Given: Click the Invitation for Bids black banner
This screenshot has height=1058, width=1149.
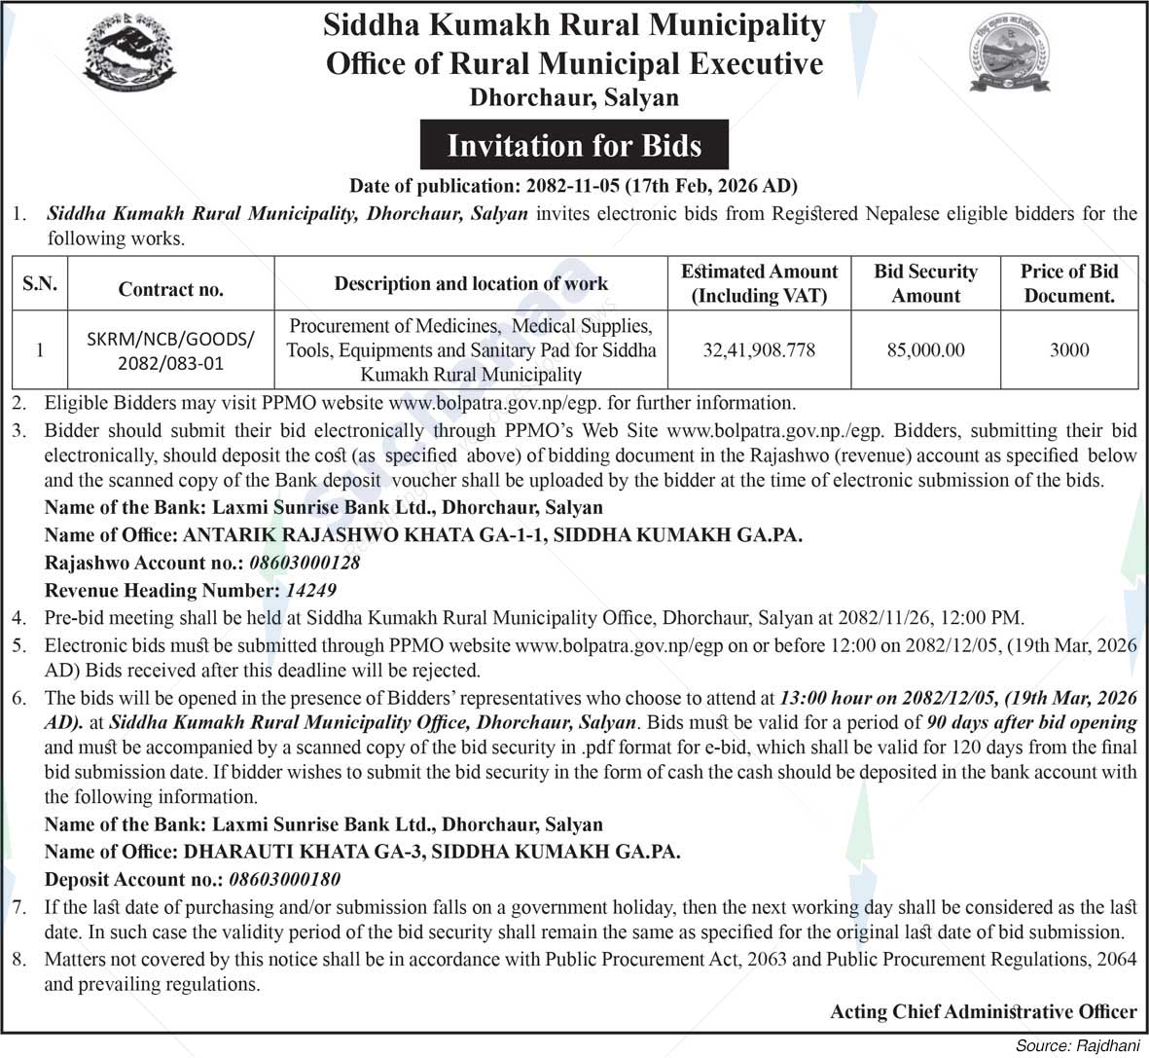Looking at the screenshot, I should click(574, 146).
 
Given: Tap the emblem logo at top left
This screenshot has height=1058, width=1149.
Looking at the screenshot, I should click(130, 55).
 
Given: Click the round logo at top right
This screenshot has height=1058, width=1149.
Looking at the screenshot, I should click(1010, 54).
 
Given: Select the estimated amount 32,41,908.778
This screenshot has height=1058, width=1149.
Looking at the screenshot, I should click(759, 349).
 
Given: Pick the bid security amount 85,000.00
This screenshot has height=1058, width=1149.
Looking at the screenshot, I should click(925, 349).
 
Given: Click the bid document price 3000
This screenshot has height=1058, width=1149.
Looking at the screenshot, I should click(1068, 349).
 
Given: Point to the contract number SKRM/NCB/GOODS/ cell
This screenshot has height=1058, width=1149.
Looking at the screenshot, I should click(171, 349).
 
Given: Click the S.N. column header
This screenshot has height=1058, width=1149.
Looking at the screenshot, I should click(40, 283).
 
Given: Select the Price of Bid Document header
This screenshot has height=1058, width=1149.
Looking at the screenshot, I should click(1068, 283).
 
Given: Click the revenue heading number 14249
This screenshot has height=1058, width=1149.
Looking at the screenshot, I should click(311, 590).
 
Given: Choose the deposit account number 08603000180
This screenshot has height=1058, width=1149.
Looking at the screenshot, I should click(284, 879).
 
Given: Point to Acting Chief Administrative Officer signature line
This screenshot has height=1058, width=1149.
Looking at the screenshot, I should click(983, 1011).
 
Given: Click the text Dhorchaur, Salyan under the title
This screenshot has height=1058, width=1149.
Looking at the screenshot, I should click(574, 97).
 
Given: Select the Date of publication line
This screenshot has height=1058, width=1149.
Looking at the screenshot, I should click(574, 185).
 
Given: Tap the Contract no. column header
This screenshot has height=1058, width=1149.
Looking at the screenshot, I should click(171, 289).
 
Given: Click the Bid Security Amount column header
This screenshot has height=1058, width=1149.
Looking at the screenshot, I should click(925, 283).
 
